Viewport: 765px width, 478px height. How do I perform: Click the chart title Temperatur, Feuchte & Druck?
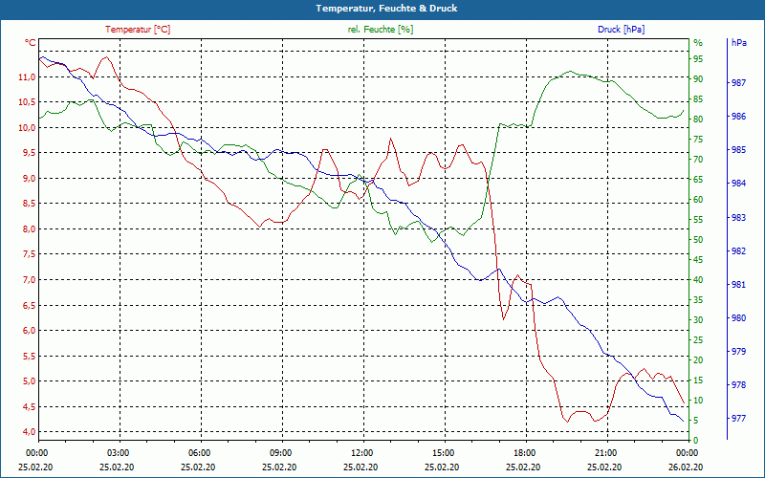(x=382, y=8)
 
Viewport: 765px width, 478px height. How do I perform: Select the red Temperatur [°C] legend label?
(x=138, y=30)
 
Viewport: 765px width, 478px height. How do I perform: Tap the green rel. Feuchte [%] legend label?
(x=381, y=30)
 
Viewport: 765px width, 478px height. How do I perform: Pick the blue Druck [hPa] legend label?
(x=621, y=30)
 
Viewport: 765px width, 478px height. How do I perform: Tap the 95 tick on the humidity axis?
(x=699, y=59)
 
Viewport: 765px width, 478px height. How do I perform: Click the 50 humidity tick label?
(x=699, y=240)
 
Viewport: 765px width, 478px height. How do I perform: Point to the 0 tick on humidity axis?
(x=696, y=441)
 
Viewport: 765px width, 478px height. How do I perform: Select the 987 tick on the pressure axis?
(x=738, y=83)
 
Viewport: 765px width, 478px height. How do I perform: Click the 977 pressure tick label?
(x=738, y=418)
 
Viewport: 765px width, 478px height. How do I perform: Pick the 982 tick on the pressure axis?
(x=738, y=251)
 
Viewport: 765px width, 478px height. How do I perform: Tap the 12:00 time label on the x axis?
(x=361, y=452)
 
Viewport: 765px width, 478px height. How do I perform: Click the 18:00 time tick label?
(x=524, y=452)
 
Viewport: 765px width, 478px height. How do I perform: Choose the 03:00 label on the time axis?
(x=119, y=452)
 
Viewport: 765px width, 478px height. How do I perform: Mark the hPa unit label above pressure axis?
(x=738, y=43)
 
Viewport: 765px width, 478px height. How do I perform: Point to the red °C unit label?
(x=31, y=43)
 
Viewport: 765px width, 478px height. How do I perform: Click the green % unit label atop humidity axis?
(x=697, y=43)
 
